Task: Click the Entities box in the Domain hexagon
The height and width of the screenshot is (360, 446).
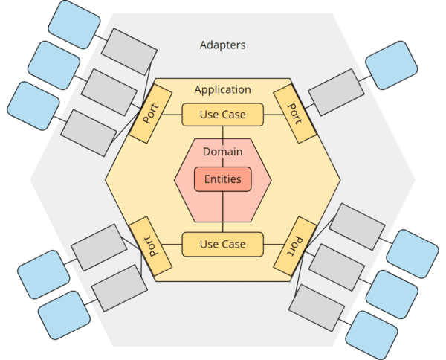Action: point(223,179)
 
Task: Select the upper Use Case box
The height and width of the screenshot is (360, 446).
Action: point(223,115)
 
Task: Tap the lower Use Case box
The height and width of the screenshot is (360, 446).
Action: point(223,244)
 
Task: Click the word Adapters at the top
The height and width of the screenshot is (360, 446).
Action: point(222,45)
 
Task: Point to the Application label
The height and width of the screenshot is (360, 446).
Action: point(222,89)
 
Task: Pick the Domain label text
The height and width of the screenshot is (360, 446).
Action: point(223,152)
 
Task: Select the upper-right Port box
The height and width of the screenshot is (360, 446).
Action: point(295,113)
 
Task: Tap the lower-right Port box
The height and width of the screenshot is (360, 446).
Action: point(295,245)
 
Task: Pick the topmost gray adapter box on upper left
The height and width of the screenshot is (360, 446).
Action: point(129,51)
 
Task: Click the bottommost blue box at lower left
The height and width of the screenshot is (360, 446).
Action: point(64,312)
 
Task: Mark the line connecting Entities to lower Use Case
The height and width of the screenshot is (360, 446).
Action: point(223,212)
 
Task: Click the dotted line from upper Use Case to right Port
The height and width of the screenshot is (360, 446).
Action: point(274,115)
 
